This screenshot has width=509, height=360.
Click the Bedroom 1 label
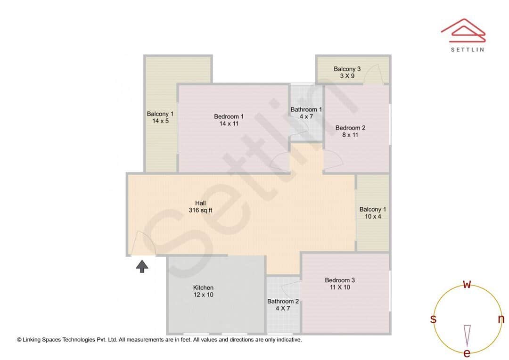229,116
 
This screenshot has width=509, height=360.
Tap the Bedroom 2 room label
350,128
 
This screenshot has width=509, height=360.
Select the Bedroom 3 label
340,280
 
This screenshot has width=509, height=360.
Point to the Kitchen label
203,287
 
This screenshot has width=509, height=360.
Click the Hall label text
200,203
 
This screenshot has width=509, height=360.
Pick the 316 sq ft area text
200,210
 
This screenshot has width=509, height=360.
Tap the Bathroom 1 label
306,110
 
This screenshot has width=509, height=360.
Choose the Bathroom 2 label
283,302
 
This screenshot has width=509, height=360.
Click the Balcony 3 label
347,69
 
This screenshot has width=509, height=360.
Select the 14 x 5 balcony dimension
160,121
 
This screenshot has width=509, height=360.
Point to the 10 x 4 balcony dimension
372,217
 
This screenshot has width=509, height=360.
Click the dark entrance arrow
142,266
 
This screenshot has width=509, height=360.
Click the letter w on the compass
467,284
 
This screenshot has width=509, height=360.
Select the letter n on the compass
501,319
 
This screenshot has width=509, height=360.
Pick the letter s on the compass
433,319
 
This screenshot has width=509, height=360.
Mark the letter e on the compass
467,353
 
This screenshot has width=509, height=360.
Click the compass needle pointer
467,335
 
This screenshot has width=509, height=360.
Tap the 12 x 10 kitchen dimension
203,295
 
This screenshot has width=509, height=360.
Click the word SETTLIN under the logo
467,49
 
